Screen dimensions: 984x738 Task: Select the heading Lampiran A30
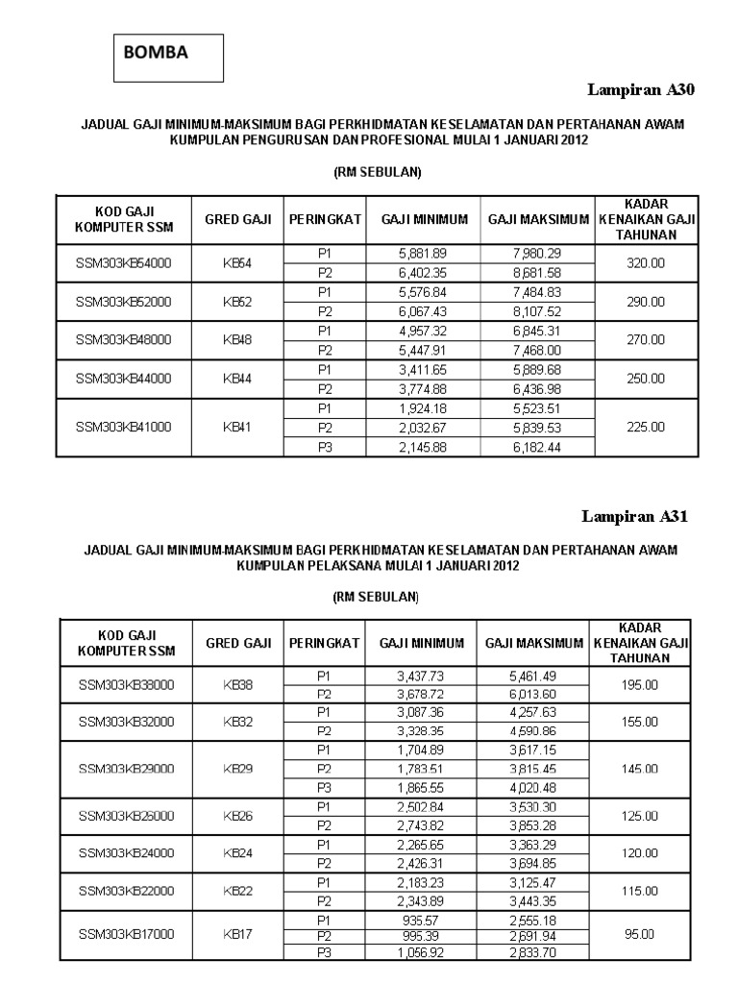640,90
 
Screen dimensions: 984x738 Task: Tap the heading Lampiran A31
635,516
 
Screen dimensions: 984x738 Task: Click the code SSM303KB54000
124,262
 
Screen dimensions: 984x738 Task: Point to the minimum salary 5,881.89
423,253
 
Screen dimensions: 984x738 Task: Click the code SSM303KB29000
124,769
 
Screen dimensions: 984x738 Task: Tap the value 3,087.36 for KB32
421,712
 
